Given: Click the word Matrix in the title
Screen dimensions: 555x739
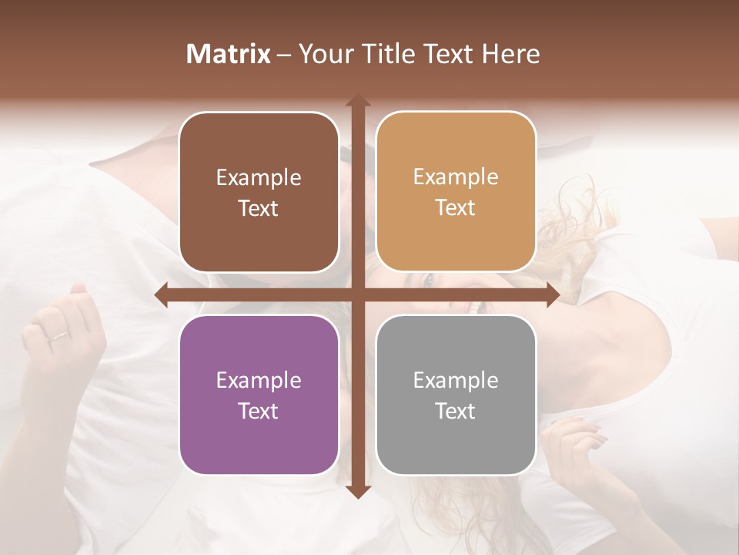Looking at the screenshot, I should pyautogui.click(x=229, y=54).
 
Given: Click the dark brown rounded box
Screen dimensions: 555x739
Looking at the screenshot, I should pyautogui.click(x=259, y=193).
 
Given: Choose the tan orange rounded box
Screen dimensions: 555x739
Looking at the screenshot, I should pyautogui.click(x=456, y=192).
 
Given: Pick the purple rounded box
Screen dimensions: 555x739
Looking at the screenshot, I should pyautogui.click(x=259, y=395).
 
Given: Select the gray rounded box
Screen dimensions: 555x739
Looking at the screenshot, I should pyautogui.click(x=456, y=395).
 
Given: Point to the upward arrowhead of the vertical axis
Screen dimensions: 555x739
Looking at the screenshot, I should pyautogui.click(x=357, y=101).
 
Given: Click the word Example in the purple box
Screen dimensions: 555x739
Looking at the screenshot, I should pyautogui.click(x=259, y=380).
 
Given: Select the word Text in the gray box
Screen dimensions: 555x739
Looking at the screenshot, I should pyautogui.click(x=456, y=411).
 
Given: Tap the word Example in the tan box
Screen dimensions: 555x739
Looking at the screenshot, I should pyautogui.click(x=456, y=177).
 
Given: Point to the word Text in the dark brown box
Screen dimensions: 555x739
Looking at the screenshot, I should pyautogui.click(x=259, y=209).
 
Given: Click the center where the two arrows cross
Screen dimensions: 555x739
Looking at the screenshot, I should pyautogui.click(x=357, y=295).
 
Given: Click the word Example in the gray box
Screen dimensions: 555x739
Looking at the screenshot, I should pyautogui.click(x=456, y=380).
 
